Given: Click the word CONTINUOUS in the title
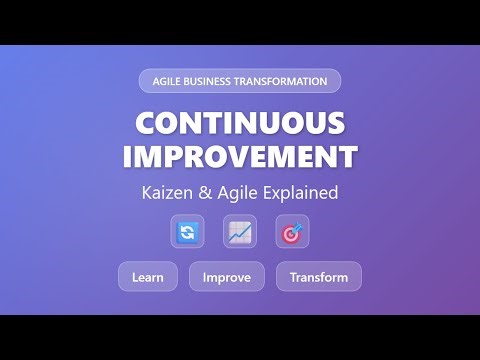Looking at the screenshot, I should pyautogui.click(x=240, y=123).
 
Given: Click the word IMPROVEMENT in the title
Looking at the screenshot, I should pyautogui.click(x=240, y=156).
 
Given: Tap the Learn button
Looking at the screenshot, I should pyautogui.click(x=148, y=276).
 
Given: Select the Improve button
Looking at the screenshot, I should pyautogui.click(x=227, y=276).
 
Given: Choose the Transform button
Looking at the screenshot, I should pyautogui.click(x=319, y=276).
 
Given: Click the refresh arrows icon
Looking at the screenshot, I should pyautogui.click(x=187, y=232).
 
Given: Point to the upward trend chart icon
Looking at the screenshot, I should pyautogui.click(x=240, y=232).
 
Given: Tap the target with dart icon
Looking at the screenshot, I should pyautogui.click(x=292, y=232).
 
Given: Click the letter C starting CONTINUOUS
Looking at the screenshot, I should pyautogui.click(x=145, y=123).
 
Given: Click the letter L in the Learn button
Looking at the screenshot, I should pyautogui.click(x=135, y=276).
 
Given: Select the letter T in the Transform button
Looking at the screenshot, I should pyautogui.click(x=293, y=276).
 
